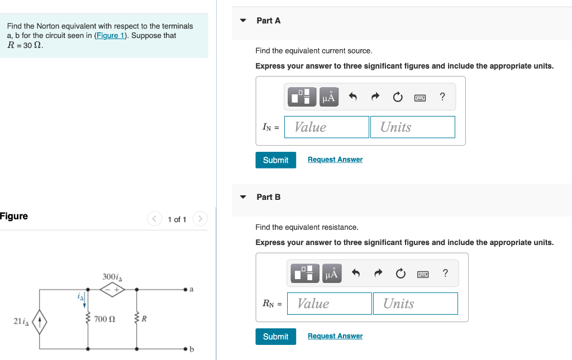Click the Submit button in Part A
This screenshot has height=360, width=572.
(275, 160)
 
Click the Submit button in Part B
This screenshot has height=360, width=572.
(275, 337)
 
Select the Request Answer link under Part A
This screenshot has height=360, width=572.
(335, 160)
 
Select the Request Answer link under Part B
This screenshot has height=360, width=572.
(335, 336)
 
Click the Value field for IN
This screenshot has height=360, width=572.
(327, 127)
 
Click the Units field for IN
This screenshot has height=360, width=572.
(412, 127)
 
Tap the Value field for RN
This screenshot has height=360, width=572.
(329, 304)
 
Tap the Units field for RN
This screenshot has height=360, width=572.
(415, 304)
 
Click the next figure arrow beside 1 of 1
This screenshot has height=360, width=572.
(200, 219)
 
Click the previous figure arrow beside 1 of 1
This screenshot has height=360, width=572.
(155, 219)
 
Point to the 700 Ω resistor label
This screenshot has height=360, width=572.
(104, 320)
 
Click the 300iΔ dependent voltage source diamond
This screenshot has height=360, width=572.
(112, 290)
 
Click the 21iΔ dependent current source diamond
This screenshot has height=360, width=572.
(39, 322)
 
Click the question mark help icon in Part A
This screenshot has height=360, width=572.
(442, 97)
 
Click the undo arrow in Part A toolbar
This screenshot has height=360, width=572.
(352, 97)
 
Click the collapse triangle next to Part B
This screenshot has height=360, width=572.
(243, 197)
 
